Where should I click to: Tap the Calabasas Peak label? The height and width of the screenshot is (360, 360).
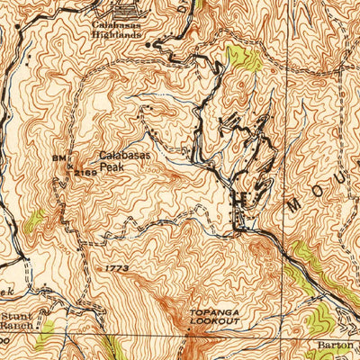click(124, 160)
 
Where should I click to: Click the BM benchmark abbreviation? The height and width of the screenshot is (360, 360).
click(59, 158)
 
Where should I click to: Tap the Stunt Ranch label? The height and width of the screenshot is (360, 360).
click(17, 322)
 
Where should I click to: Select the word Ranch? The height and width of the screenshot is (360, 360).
click(17, 328)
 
